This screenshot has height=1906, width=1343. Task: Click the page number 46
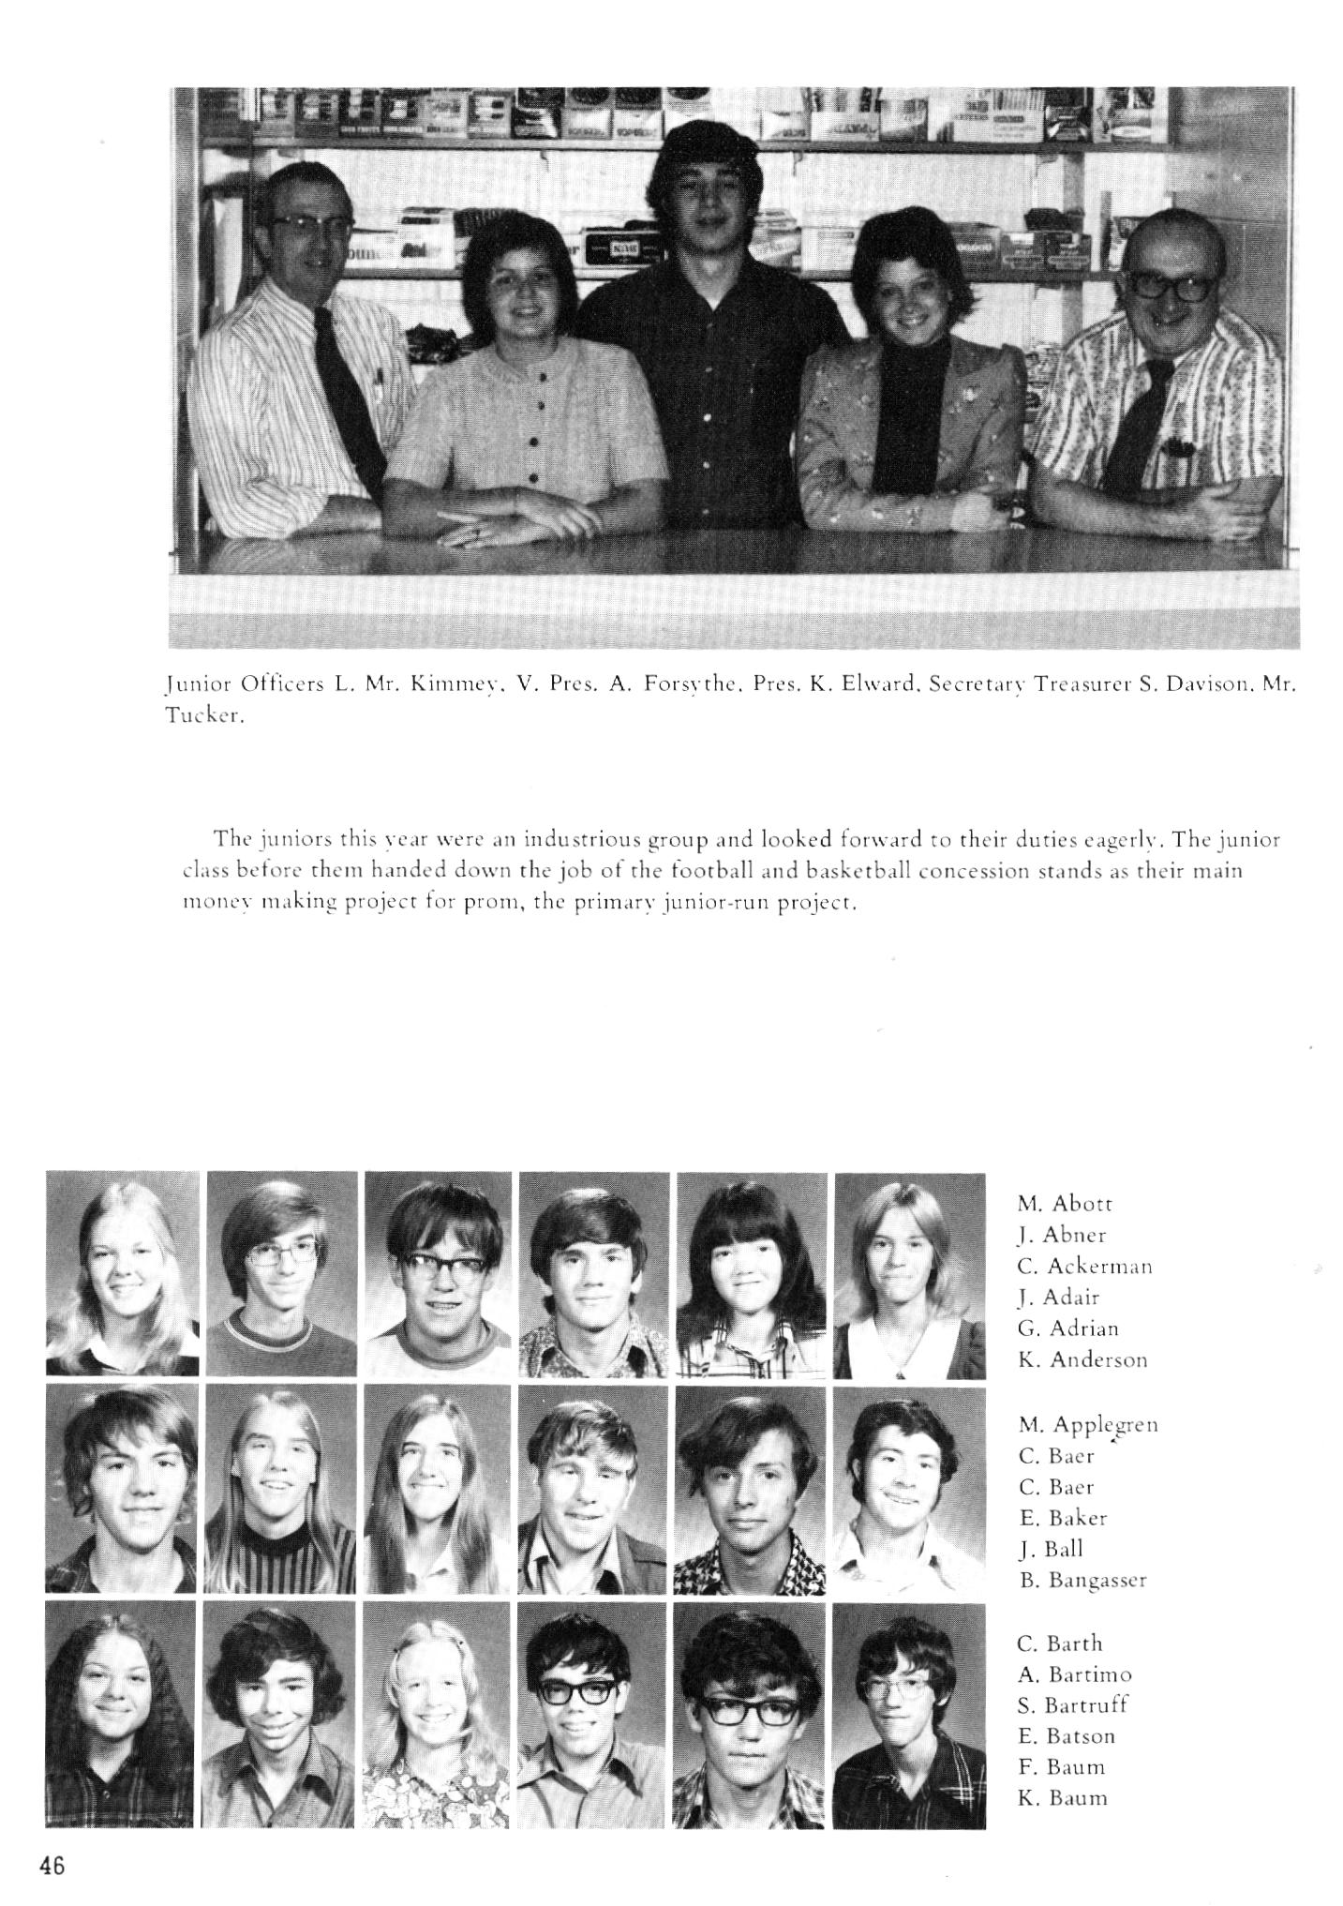[x=52, y=1865]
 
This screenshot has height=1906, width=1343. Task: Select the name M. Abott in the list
[x=1065, y=1204]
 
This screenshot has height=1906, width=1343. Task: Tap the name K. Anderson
[x=1082, y=1359]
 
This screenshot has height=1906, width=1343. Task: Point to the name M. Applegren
[x=1088, y=1425]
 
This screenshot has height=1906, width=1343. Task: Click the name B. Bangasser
[x=1082, y=1581]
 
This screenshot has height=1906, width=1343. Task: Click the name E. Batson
[x=1067, y=1735]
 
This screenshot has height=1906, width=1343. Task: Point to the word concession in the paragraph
[x=976, y=871]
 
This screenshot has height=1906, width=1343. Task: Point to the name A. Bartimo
[x=1074, y=1673]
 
